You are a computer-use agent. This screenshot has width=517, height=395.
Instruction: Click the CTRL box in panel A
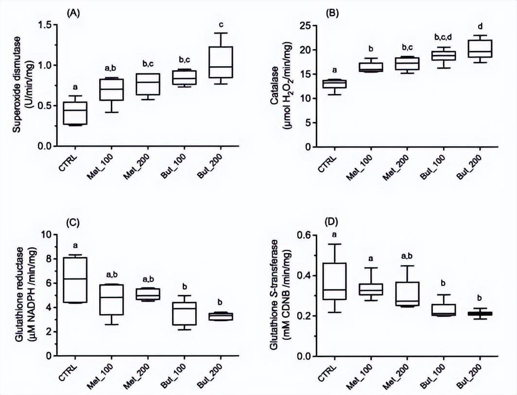click(75, 113)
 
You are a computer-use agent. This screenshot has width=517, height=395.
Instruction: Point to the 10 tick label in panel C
click(43, 234)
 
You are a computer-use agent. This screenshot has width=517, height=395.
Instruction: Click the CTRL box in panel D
click(335, 281)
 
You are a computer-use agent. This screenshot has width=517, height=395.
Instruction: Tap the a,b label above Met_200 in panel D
click(409, 255)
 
